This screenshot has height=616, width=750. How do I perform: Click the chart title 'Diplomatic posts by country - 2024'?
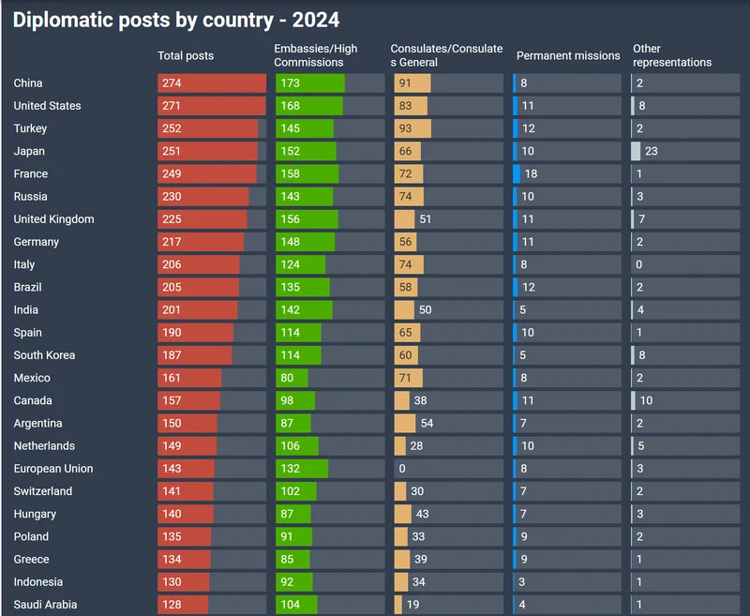click(x=176, y=20)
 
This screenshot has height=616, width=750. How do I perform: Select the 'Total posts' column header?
click(x=186, y=55)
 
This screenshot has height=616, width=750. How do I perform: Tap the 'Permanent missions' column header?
click(x=568, y=55)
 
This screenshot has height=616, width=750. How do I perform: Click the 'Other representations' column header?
click(x=672, y=55)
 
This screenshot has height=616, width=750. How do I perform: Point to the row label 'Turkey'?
click(x=30, y=128)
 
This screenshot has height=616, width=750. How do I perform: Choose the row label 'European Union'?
click(x=53, y=469)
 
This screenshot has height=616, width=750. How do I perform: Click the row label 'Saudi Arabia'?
click(x=46, y=605)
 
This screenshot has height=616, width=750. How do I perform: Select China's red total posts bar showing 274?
click(x=212, y=83)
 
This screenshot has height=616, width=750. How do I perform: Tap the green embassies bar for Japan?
click(x=306, y=151)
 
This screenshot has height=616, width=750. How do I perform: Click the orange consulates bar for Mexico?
click(x=409, y=378)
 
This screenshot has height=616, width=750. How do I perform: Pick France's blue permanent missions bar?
click(x=517, y=173)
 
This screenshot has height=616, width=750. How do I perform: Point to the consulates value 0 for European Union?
click(x=402, y=469)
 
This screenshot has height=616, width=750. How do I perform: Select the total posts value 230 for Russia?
click(x=172, y=197)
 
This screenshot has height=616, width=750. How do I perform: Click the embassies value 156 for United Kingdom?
click(x=290, y=219)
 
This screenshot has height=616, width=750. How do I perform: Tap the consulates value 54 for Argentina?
click(x=427, y=424)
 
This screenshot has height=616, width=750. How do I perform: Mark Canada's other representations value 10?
click(x=647, y=400)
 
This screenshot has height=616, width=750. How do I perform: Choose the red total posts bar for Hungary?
click(x=186, y=514)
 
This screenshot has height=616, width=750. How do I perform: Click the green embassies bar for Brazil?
click(x=303, y=287)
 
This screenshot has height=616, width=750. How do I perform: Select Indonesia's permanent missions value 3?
click(x=522, y=582)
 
